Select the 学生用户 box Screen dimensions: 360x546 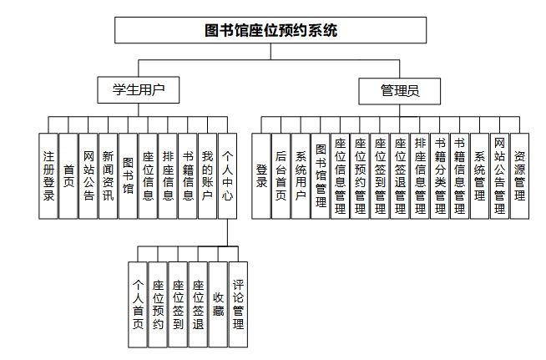(x=138, y=90)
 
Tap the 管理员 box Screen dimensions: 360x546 (x=400, y=90)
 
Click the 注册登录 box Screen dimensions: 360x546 (x=48, y=175)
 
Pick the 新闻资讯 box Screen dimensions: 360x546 (x=108, y=175)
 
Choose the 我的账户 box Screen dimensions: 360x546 (x=208, y=175)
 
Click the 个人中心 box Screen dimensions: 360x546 (x=228, y=175)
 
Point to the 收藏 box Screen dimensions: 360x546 (x=218, y=304)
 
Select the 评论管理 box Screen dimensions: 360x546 (x=238, y=304)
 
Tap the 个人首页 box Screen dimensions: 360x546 (x=138, y=304)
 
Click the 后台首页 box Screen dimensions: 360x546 (x=281, y=175)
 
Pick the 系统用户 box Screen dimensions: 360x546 (x=301, y=175)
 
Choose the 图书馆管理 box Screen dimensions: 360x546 (x=321, y=175)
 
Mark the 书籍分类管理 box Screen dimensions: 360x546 (x=440, y=175)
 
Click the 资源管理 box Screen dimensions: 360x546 (x=519, y=175)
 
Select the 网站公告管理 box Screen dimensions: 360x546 (x=499, y=175)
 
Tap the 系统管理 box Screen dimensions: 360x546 (x=479, y=175)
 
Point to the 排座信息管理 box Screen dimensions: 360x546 (x=420, y=175)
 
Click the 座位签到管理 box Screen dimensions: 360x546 (x=380, y=175)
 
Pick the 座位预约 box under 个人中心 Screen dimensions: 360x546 (x=158, y=304)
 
